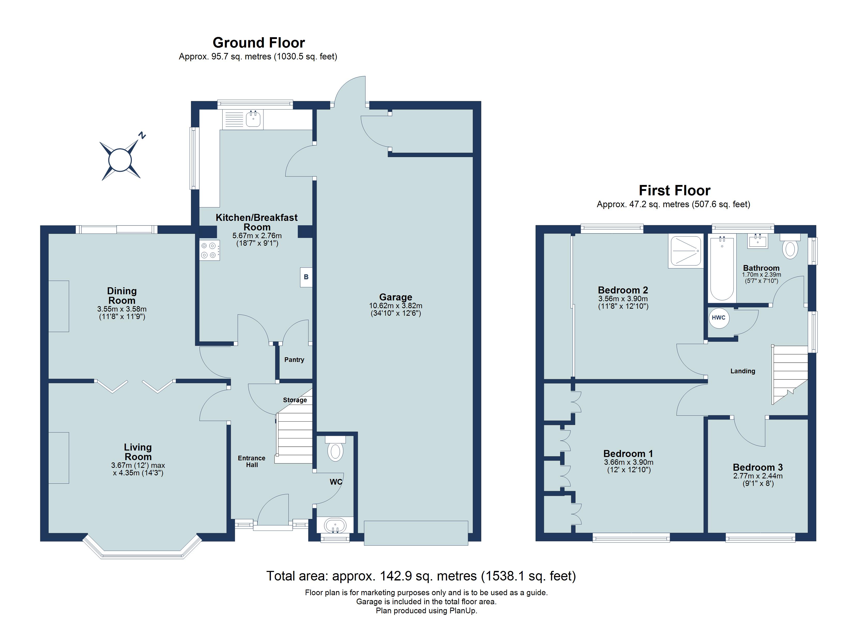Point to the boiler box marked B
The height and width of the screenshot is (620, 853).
tap(306, 277)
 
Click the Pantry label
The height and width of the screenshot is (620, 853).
tap(294, 360)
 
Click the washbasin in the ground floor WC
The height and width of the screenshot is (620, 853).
tap(335, 525)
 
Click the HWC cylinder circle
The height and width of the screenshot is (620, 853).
tap(718, 318)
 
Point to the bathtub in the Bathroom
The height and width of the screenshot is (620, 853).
tap(722, 269)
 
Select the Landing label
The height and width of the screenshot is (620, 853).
tap(742, 371)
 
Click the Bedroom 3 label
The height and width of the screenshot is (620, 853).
tap(757, 467)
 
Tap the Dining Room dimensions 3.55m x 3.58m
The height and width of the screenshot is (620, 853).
tap(122, 309)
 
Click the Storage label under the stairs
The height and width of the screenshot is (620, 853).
tap(295, 400)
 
